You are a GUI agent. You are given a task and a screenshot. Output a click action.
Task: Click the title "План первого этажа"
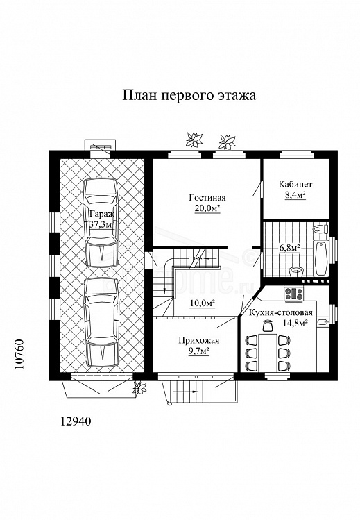click(x=189, y=96)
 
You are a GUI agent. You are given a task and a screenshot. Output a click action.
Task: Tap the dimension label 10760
click(x=19, y=359)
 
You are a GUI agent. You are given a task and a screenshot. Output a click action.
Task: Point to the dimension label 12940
click(x=76, y=421)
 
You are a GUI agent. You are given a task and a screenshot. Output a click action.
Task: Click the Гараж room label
click(x=102, y=214)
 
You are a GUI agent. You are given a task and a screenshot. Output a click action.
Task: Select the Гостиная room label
click(x=207, y=198)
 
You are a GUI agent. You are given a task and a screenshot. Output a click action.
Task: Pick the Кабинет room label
click(x=295, y=185)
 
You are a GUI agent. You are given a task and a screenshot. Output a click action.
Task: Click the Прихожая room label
click(x=198, y=341)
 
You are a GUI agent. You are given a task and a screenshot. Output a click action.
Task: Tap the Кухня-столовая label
click(x=280, y=312)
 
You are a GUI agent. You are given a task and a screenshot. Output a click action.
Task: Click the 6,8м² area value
click(x=290, y=247)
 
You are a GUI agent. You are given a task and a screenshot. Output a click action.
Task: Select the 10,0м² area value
click(x=203, y=303)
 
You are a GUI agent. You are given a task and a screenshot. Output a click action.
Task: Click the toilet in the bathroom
click(x=320, y=229)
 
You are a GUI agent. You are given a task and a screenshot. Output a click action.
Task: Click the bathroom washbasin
click(x=296, y=271)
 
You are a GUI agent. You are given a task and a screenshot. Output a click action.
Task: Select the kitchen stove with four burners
click(x=294, y=294)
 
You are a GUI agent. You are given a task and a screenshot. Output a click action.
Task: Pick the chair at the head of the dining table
click(x=267, y=326)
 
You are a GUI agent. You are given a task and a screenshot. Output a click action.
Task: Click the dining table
click(x=268, y=353)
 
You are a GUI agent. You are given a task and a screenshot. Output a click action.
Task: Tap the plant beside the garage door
click(x=139, y=387)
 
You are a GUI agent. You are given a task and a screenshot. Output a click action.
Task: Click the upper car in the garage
click(x=102, y=223)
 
